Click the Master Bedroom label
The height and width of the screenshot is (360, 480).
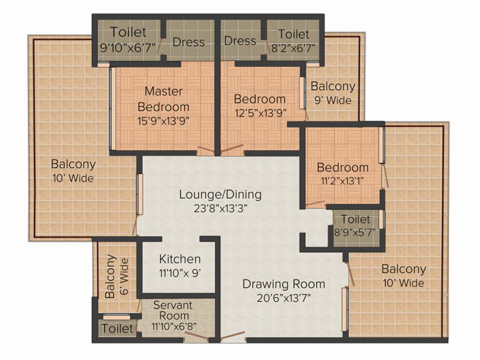coord(163,98)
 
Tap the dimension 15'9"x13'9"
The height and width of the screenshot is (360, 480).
coord(163,120)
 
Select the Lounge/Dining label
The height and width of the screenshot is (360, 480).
coord(220,194)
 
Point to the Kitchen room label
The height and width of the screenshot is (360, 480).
coord(180,259)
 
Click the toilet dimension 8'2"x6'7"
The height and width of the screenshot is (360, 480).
coord(293,47)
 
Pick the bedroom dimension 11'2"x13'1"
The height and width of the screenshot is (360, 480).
coord(342,180)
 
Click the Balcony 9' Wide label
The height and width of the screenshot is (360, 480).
coord(333,93)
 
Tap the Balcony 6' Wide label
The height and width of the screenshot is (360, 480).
coord(117,276)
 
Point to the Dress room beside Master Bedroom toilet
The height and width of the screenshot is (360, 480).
coord(188,42)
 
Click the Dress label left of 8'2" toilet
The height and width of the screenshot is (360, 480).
coord(240,41)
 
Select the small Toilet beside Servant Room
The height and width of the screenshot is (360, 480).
coord(117,329)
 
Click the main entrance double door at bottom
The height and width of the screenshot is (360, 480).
coord(232,336)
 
